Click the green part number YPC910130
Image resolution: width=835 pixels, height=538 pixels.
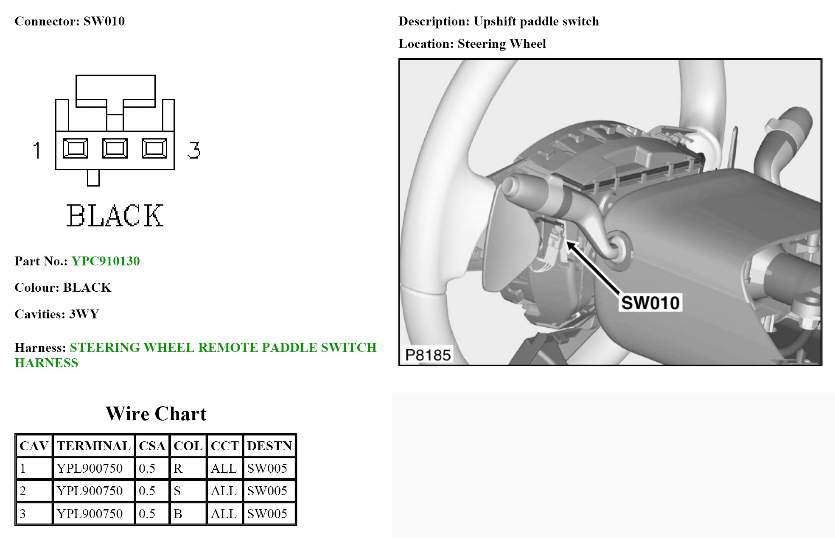[105, 261]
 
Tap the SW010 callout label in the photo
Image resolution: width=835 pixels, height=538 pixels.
[650, 303]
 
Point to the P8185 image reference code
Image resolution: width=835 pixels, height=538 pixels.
[428, 355]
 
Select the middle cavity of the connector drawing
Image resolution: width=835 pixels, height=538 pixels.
[115, 149]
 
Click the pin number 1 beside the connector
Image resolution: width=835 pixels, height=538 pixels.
[37, 150]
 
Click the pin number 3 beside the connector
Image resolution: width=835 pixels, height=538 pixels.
[194, 150]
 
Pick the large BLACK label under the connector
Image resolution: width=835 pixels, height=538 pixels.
[115, 215]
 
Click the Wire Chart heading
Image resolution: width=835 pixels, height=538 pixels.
[156, 414]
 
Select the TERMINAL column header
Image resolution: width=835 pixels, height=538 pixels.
[93, 446]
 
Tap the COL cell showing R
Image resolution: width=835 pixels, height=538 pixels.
[178, 468]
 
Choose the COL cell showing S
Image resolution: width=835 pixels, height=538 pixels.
[177, 491]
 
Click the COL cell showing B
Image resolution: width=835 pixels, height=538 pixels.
[178, 514]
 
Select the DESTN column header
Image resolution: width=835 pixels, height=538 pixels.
[269, 446]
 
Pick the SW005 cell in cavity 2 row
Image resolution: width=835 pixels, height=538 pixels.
[267, 491]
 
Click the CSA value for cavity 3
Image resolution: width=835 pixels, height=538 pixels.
[147, 514]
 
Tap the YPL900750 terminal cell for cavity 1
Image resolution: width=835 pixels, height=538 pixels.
[90, 468]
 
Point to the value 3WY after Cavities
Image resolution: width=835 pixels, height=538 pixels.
[84, 314]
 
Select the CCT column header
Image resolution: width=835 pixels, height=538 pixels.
[224, 446]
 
